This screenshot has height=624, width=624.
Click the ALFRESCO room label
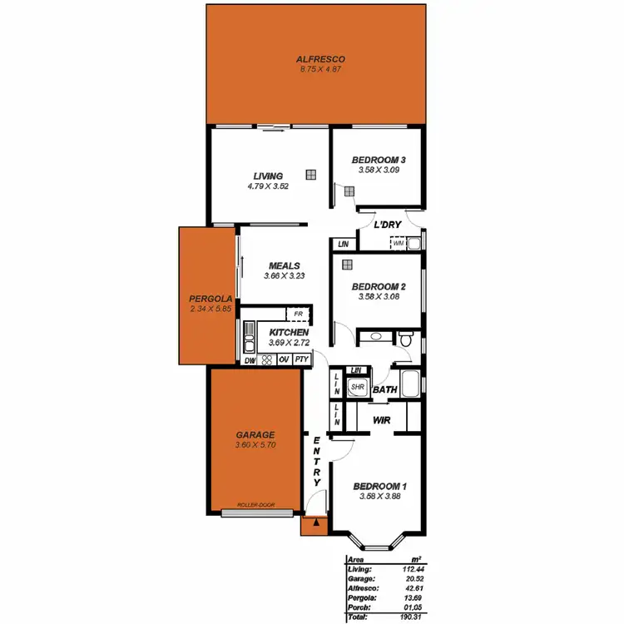320,59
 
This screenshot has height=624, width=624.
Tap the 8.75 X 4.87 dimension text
320,68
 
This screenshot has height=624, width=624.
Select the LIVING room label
268,176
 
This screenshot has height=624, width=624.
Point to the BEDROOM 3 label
379,160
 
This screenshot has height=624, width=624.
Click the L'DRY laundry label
388,225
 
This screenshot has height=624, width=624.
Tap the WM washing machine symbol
399,243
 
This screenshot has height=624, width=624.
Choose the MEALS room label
284,265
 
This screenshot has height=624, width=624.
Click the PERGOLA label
205,299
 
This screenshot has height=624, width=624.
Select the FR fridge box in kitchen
297,314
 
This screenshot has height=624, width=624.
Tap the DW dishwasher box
250,359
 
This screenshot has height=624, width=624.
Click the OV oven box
283,359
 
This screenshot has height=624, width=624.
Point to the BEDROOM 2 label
379,285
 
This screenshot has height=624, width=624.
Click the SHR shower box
358,387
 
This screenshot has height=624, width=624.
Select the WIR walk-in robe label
381,420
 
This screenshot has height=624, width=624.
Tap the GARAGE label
255,435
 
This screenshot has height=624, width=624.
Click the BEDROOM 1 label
379,487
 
